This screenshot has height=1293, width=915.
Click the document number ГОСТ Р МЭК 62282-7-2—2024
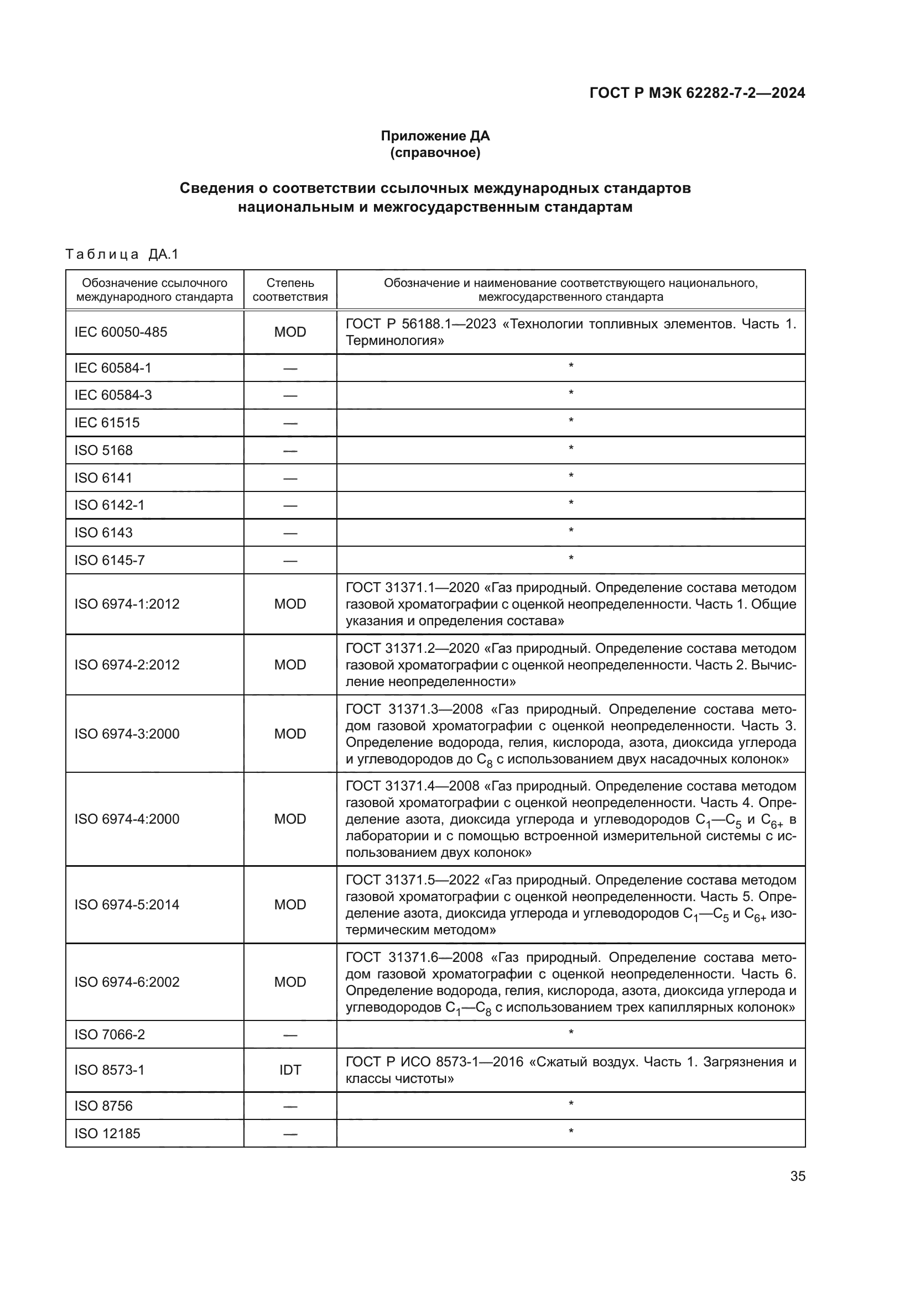[x=697, y=93]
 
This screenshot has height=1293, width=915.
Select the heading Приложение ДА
[x=435, y=136]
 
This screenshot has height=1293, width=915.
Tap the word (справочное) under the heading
[x=435, y=153]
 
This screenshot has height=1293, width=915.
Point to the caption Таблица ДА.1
[x=122, y=254]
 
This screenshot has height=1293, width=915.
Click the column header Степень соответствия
[x=290, y=290]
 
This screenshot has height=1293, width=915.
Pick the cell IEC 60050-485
[x=121, y=332]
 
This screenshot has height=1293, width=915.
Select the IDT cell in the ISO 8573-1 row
[x=290, y=1070]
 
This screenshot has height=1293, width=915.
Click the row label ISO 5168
[x=103, y=451]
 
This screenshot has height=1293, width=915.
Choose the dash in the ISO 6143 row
[x=290, y=533]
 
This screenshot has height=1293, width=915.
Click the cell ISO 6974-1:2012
[x=127, y=604]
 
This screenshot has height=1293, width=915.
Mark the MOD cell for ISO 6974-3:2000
[x=290, y=734]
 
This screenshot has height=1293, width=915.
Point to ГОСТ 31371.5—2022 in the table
[x=413, y=880]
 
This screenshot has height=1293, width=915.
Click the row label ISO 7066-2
[x=110, y=1034]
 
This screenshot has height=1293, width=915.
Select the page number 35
[x=797, y=1176]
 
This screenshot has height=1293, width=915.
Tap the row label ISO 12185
[x=107, y=1134]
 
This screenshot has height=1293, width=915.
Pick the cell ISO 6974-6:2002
[x=127, y=982]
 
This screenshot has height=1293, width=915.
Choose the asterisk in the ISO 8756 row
[x=571, y=1104]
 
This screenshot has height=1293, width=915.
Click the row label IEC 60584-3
[x=113, y=395]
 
